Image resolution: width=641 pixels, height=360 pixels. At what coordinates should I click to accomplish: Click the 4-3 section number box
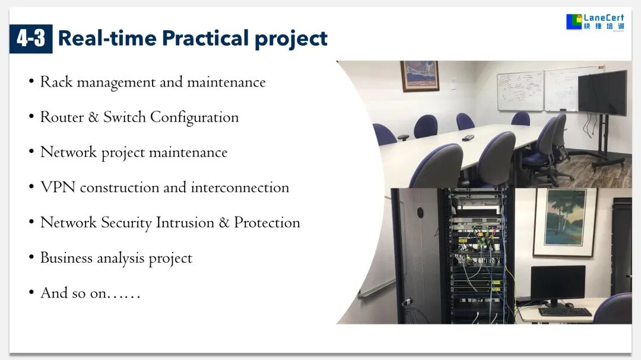(x=31, y=39)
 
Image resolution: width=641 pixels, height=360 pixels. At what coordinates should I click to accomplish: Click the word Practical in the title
(x=205, y=38)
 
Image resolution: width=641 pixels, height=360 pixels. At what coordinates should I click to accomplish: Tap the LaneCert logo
(x=595, y=22)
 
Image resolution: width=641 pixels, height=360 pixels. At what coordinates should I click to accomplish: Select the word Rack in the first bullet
(x=56, y=82)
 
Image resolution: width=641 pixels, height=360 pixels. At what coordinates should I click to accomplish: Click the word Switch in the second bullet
(x=124, y=117)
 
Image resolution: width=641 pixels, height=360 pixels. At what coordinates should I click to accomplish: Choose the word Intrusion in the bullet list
(x=185, y=222)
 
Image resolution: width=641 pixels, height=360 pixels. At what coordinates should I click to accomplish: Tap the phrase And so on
(x=90, y=292)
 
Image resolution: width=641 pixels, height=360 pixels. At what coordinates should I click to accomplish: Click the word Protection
(x=267, y=222)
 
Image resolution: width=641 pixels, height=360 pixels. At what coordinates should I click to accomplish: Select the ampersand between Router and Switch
(x=94, y=117)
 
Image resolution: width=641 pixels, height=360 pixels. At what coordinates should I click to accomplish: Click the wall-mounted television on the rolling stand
(x=602, y=93)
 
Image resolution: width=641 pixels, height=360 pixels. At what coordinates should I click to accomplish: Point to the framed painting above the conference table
(x=420, y=75)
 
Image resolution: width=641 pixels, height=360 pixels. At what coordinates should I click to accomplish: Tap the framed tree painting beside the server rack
(x=566, y=222)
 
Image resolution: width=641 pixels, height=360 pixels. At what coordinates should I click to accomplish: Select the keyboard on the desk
(x=566, y=312)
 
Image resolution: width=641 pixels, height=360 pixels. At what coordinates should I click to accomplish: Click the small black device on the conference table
(x=468, y=138)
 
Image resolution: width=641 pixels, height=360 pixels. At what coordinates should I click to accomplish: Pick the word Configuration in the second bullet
(x=194, y=117)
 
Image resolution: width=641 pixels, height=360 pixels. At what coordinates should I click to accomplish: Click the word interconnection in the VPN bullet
(x=240, y=187)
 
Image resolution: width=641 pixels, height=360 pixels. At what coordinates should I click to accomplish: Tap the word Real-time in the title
(x=107, y=38)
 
